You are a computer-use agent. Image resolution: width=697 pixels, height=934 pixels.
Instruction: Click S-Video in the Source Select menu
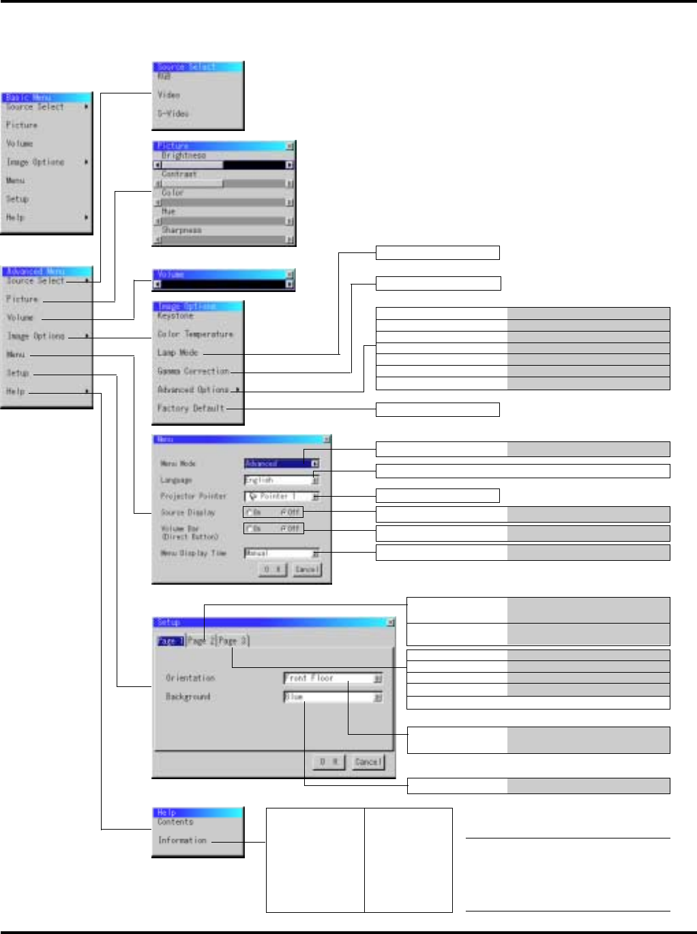coord(173,114)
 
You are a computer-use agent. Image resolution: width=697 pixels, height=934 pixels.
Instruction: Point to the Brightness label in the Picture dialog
coord(183,156)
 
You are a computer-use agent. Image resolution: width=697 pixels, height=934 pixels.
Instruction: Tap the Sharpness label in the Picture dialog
coord(181,231)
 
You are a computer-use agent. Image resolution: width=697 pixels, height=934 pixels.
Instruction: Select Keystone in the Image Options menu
coord(175,316)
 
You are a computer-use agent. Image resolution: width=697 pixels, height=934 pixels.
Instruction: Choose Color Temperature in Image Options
coord(195,334)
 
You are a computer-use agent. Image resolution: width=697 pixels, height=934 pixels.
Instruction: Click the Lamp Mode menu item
coord(177,353)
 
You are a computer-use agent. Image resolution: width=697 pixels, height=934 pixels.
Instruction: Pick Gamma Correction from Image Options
coord(193,371)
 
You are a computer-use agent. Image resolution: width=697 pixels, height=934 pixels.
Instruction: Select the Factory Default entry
coord(190,408)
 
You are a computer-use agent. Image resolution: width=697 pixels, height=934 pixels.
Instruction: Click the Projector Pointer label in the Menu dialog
coord(193,496)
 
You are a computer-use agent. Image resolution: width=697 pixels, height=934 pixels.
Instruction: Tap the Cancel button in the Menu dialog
coord(306,569)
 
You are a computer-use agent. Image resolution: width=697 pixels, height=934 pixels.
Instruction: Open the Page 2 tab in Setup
coord(201,641)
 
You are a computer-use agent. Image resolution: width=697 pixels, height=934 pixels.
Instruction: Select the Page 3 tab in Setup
coord(233,641)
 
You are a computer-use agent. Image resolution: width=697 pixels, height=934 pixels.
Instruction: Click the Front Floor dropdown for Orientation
coord(332,678)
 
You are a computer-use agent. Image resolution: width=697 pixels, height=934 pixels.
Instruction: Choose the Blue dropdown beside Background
coord(332,697)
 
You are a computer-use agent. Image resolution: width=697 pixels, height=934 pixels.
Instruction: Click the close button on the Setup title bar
coord(390,622)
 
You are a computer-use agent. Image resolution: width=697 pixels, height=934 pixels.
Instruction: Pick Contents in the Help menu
coord(175,822)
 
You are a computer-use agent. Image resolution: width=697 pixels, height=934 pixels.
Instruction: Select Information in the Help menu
coord(182,841)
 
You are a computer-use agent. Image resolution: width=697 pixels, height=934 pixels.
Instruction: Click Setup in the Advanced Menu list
coord(18,373)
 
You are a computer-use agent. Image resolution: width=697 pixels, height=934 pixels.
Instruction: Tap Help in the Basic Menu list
coord(15,218)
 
